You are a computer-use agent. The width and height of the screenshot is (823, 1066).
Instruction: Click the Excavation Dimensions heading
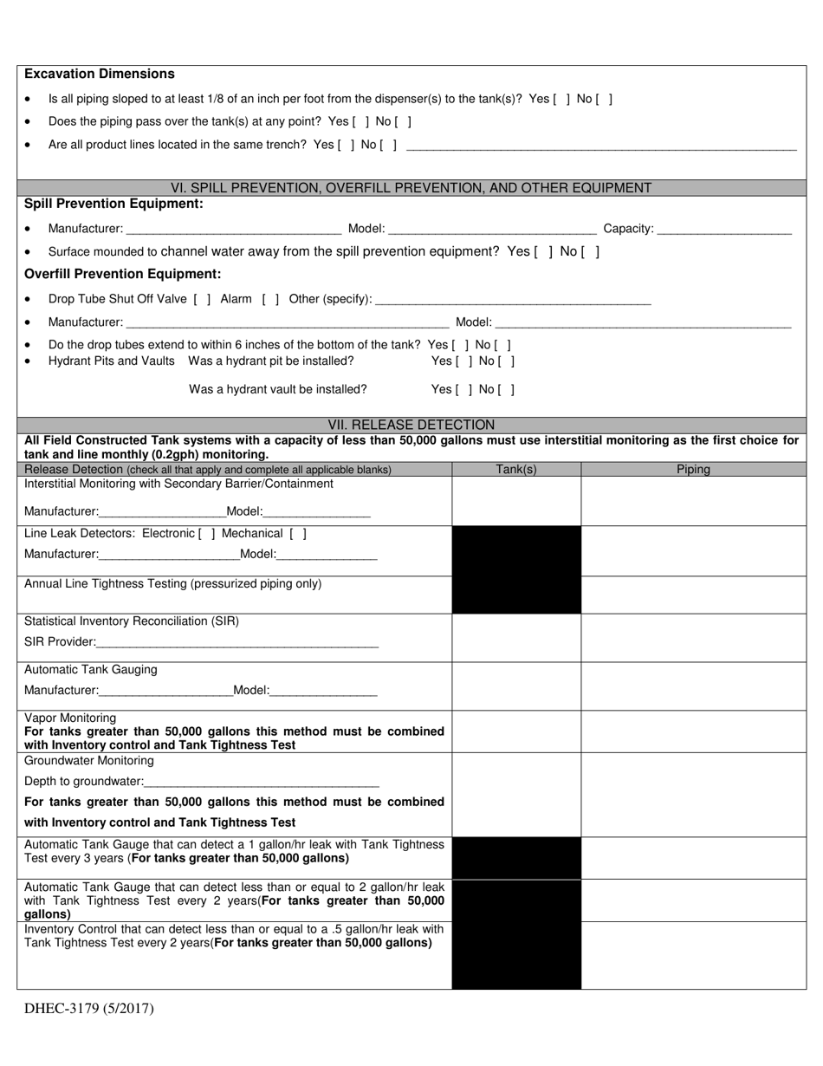(100, 75)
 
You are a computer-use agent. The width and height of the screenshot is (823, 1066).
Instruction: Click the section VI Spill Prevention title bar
(411, 188)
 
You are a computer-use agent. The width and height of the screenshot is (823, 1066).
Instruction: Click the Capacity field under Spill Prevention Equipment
(724, 229)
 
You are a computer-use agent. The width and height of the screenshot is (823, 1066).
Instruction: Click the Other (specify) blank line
(514, 300)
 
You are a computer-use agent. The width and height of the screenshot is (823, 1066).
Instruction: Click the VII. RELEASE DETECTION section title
(411, 425)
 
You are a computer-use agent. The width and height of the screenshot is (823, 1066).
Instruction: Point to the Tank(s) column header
(516, 470)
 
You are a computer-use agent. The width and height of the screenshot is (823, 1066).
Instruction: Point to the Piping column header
(693, 470)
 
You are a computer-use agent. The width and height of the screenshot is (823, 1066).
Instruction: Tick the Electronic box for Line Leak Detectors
(207, 534)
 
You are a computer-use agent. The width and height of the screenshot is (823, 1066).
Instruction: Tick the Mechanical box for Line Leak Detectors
(297, 534)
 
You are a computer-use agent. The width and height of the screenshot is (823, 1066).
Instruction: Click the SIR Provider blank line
(237, 643)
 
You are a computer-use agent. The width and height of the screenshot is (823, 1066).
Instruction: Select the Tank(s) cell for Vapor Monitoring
(516, 731)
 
